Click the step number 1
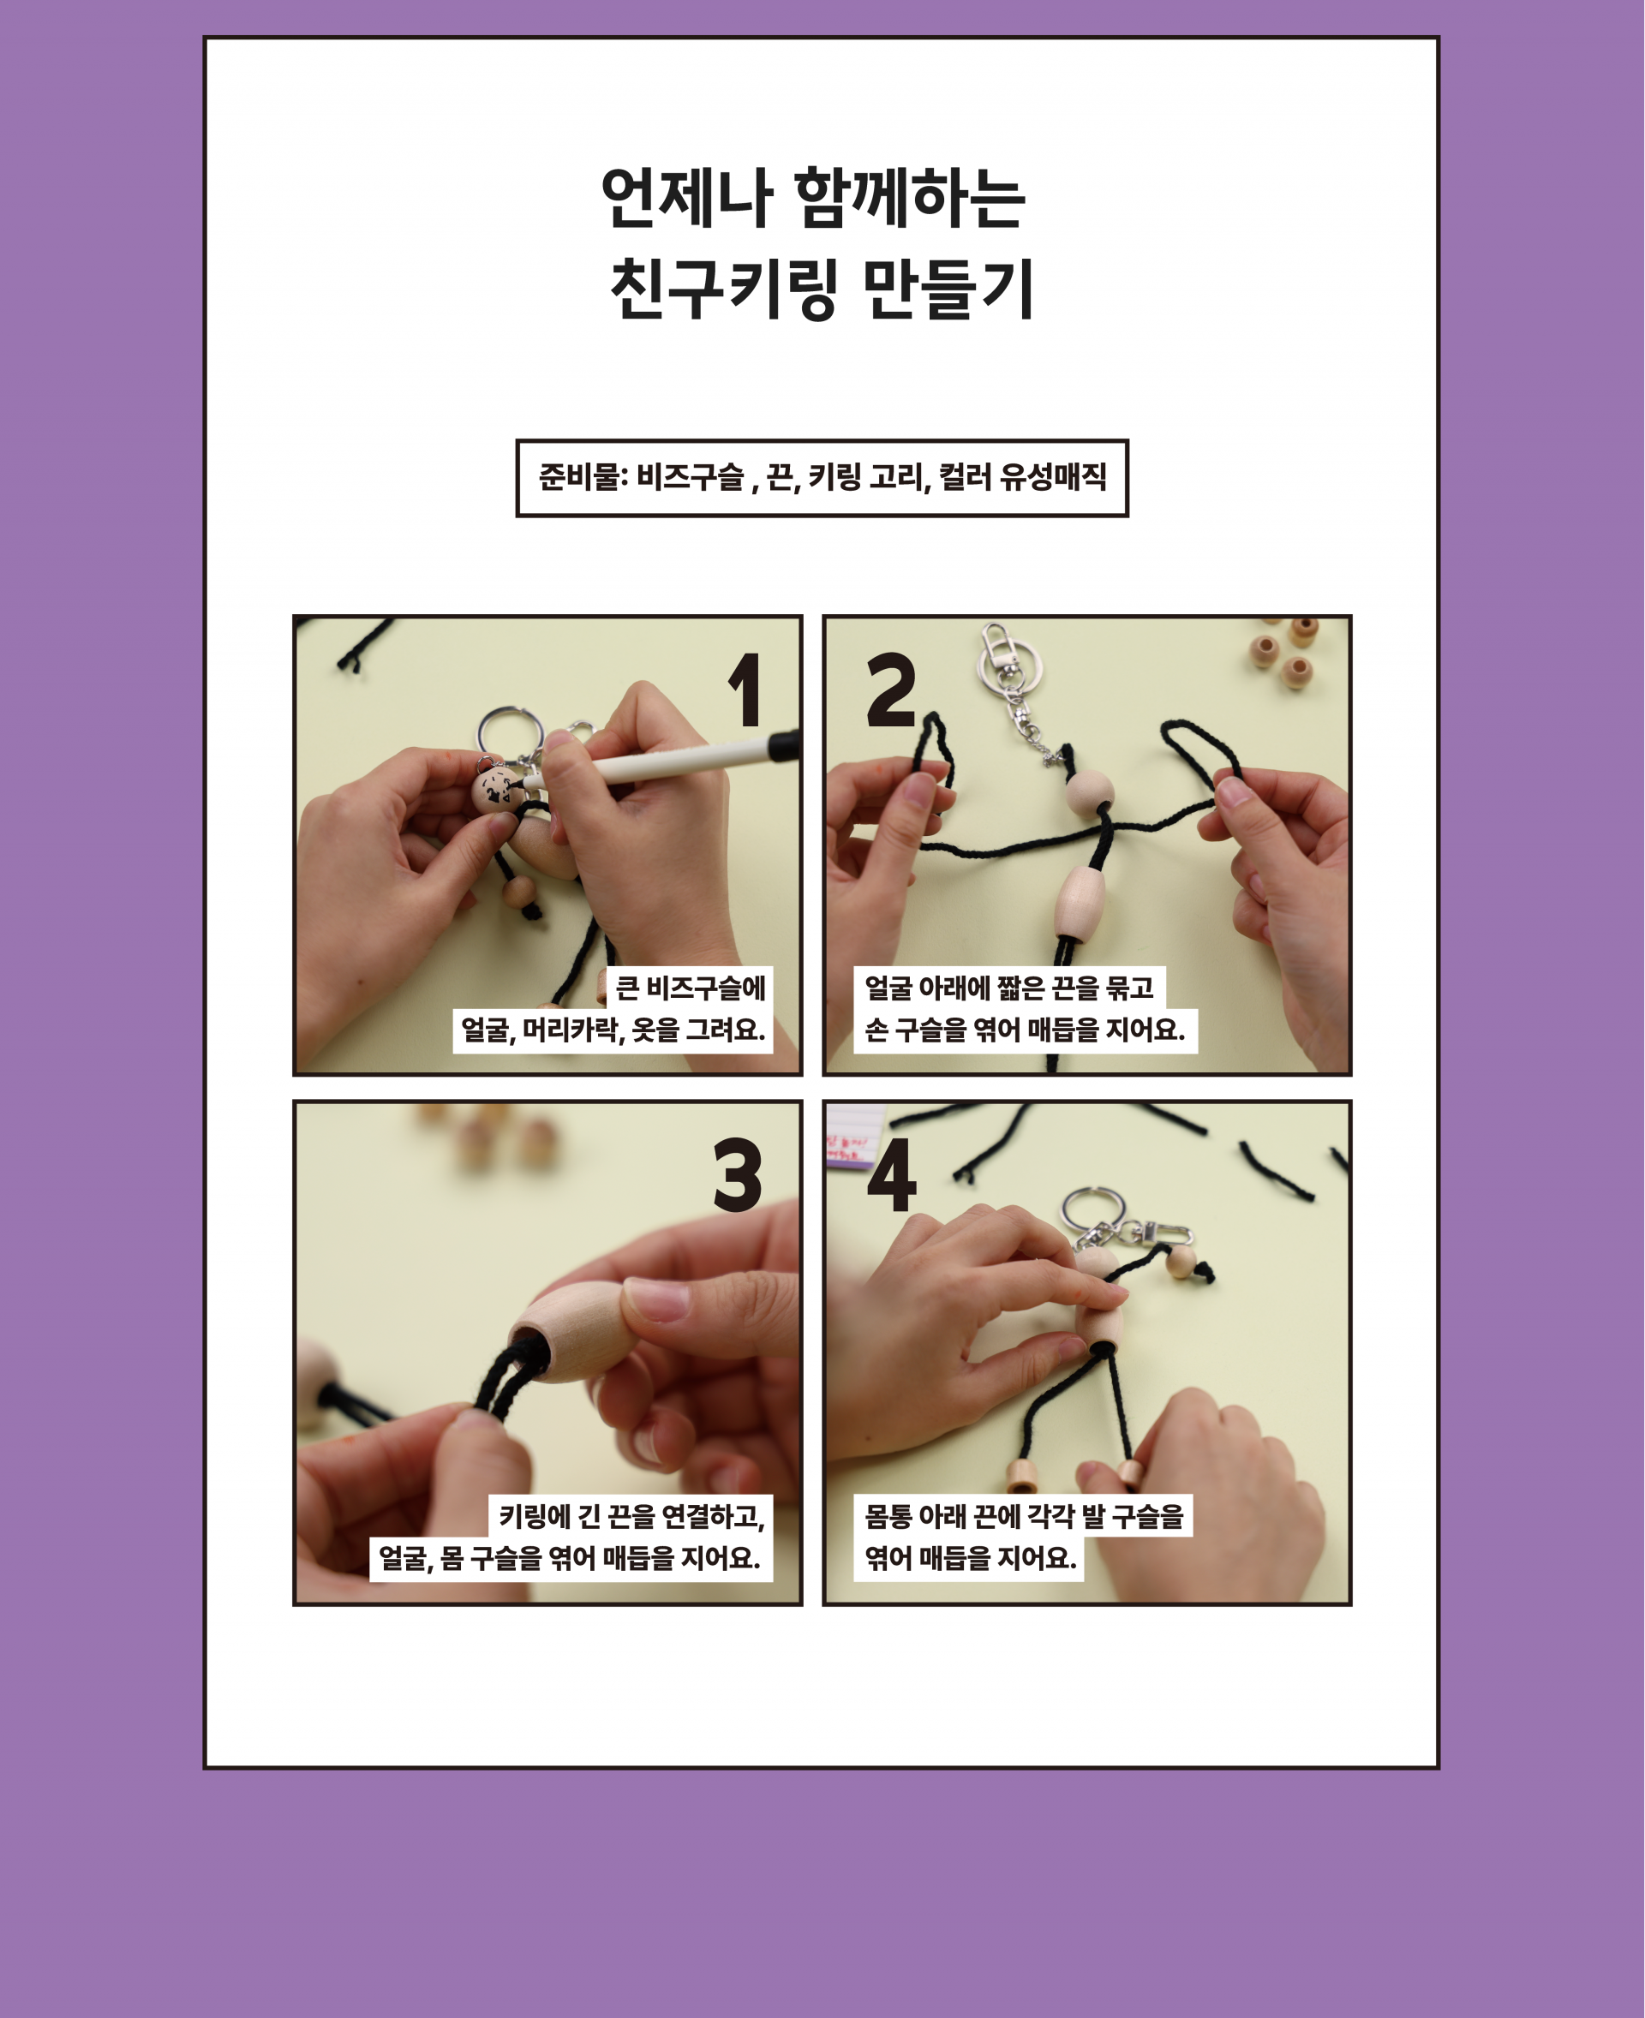(747, 690)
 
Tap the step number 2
(891, 689)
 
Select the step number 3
(739, 1175)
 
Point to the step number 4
(892, 1175)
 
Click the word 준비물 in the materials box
(578, 476)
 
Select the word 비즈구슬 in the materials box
(691, 476)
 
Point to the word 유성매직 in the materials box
(1053, 476)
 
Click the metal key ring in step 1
(509, 734)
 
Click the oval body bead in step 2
(1080, 900)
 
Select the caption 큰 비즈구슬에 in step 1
(690, 988)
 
